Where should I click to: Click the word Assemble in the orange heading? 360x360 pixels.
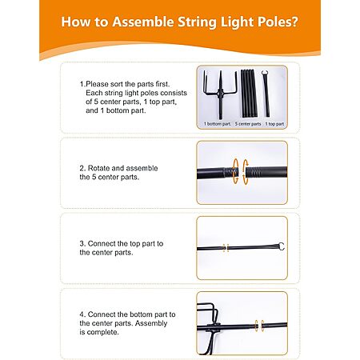click(x=142, y=22)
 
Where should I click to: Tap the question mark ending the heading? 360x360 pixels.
click(x=294, y=22)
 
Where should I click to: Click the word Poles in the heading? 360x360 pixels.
click(x=273, y=22)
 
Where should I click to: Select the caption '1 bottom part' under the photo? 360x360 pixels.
click(x=217, y=124)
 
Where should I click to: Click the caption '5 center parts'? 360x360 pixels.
click(x=248, y=124)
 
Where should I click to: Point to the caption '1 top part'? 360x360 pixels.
click(x=274, y=124)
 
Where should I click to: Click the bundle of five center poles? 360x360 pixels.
click(x=249, y=94)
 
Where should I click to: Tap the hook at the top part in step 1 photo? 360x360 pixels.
click(x=265, y=74)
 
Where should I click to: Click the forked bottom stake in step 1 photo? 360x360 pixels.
click(x=220, y=94)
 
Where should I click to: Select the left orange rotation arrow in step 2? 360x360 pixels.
click(x=235, y=171)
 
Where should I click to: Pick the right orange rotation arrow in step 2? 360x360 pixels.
click(x=245, y=172)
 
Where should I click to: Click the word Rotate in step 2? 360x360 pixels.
click(x=98, y=168)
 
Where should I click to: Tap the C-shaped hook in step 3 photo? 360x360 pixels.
click(x=281, y=246)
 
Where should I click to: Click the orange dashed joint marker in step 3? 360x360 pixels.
click(x=226, y=248)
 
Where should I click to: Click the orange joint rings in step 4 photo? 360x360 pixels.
click(x=259, y=326)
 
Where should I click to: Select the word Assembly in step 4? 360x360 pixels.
click(x=151, y=323)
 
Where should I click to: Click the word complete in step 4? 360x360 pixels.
click(x=102, y=333)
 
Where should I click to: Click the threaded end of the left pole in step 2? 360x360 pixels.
click(x=230, y=172)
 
